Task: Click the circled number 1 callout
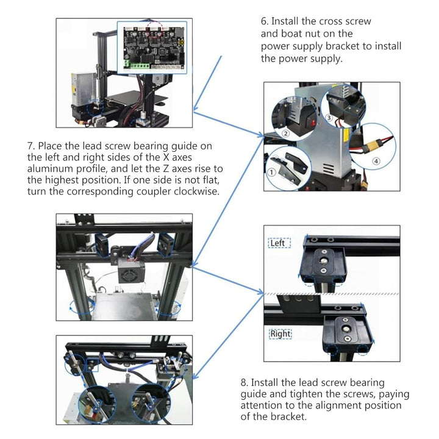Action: pyautogui.click(x=271, y=172)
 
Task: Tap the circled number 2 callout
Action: pyautogui.click(x=285, y=133)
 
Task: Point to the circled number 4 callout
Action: pyautogui.click(x=375, y=161)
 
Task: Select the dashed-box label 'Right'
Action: pyautogui.click(x=280, y=334)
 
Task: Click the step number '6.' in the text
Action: pyautogui.click(x=265, y=21)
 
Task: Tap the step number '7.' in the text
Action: pyautogui.click(x=31, y=146)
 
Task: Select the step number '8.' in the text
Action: pyautogui.click(x=244, y=382)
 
